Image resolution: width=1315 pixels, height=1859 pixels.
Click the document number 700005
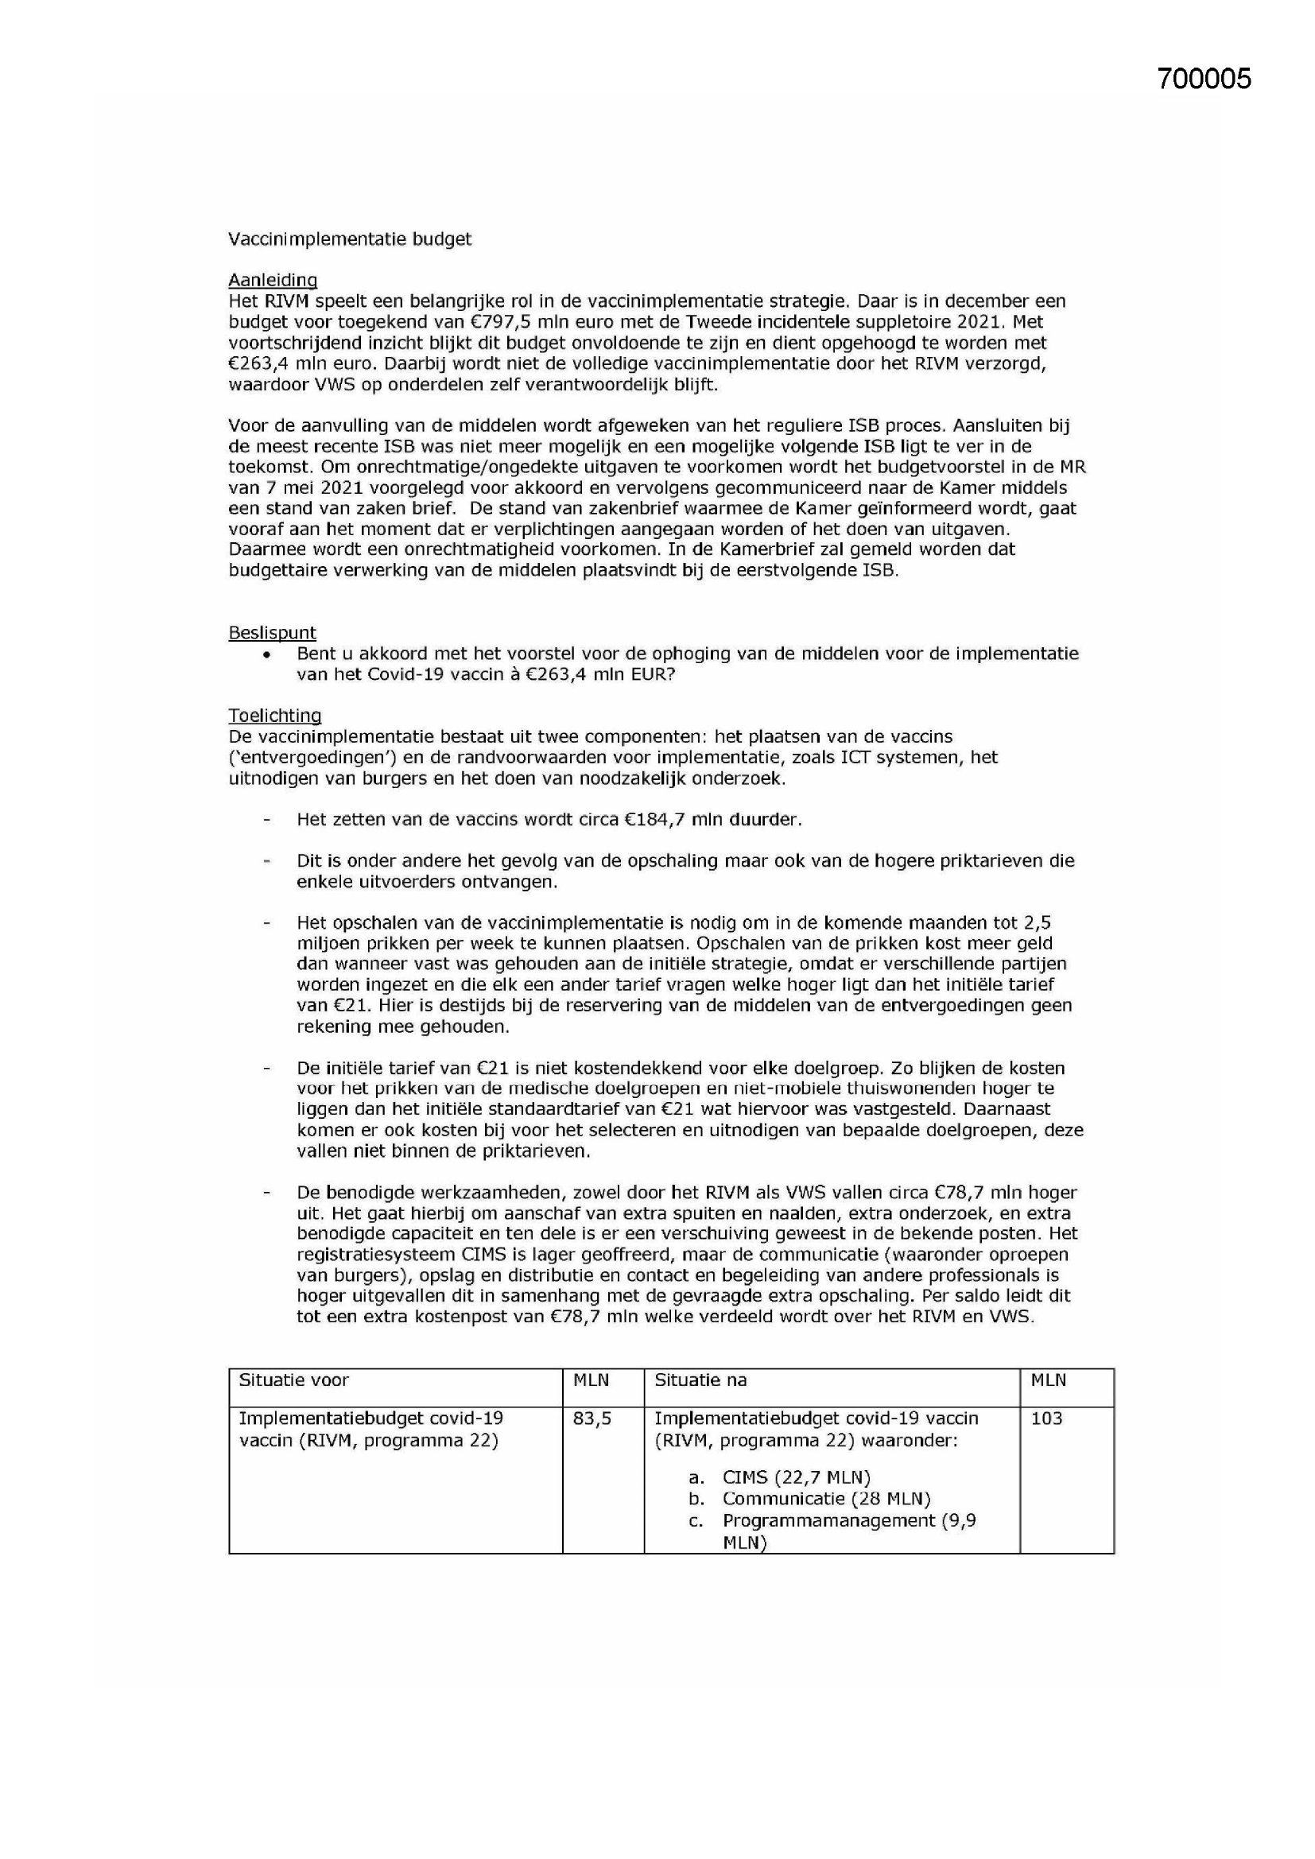point(1203,79)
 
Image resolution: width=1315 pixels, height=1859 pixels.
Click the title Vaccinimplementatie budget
point(349,239)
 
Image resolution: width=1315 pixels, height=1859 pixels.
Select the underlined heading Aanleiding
point(272,280)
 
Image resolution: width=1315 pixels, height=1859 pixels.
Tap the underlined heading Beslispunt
point(272,632)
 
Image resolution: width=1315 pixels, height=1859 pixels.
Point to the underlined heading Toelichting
point(274,716)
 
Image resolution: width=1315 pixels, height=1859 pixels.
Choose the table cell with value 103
point(1046,1419)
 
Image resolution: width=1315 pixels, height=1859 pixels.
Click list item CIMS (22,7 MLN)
point(796,1477)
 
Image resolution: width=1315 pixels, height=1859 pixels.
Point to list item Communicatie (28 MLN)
point(826,1499)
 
